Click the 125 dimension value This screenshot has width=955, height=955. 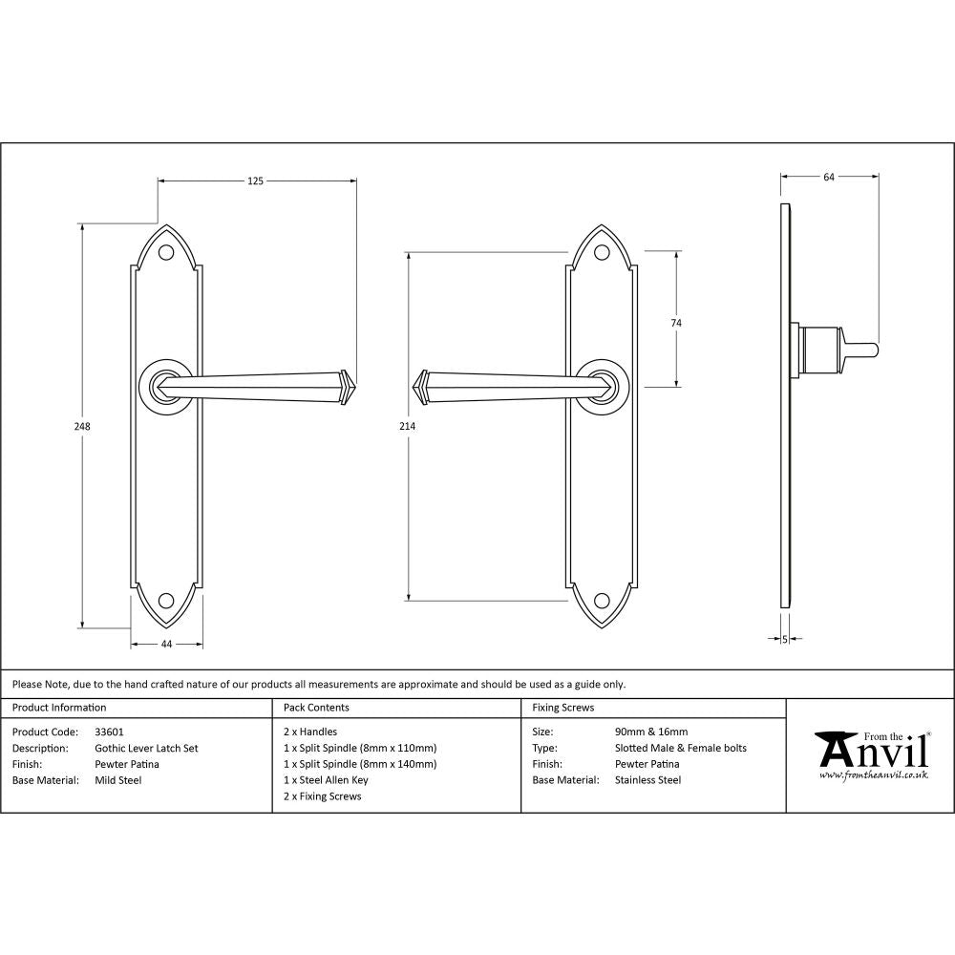coord(255,180)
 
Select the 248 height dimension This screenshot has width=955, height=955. coord(83,427)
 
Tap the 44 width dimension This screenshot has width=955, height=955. coord(166,645)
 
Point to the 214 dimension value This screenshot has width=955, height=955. coord(408,427)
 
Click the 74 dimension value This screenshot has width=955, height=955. coord(676,323)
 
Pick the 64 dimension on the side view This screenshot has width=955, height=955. coord(829,177)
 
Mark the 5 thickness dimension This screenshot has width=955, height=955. coord(784,639)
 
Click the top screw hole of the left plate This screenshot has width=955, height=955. coord(166,254)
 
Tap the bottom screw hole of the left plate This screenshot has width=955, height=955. coord(166,601)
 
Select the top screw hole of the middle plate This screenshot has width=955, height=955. coord(602,254)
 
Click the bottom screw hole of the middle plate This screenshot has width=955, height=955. coord(602,601)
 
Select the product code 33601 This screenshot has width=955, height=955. coord(110,732)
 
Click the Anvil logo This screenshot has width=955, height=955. coord(871,754)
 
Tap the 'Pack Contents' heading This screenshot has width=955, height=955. coord(316,708)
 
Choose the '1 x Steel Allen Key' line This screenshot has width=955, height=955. coord(326,780)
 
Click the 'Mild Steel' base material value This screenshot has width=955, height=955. coord(118,780)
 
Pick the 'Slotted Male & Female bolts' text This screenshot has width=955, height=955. coord(681,749)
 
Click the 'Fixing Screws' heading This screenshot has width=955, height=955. coord(562,708)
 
